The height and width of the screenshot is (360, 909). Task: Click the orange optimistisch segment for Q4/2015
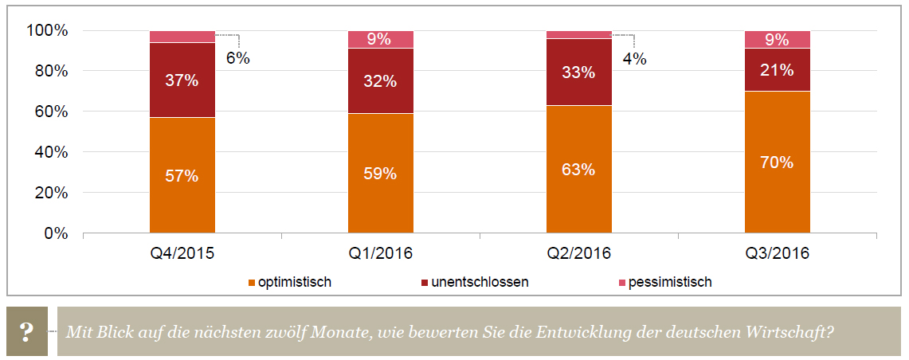[x=182, y=175]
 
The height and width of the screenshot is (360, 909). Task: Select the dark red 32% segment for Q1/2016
[x=380, y=80]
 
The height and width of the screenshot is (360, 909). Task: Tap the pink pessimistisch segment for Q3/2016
[x=777, y=39]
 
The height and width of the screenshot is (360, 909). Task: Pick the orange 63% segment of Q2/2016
[x=578, y=169]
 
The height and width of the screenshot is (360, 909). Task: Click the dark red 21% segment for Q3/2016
[x=777, y=70]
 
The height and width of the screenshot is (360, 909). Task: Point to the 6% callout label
[x=237, y=58]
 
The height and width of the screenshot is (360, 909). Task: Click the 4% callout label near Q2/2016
[x=634, y=58]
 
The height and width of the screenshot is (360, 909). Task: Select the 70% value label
[x=777, y=162]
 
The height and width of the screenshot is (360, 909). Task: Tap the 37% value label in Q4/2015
[x=182, y=80]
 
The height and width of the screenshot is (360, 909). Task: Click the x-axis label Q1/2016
[x=380, y=254]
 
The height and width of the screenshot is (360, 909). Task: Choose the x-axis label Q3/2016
[x=777, y=254]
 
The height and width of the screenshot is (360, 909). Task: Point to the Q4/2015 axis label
[x=182, y=254]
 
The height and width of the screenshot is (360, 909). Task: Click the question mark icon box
[x=27, y=331]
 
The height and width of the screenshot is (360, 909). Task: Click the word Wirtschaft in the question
[x=796, y=331]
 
